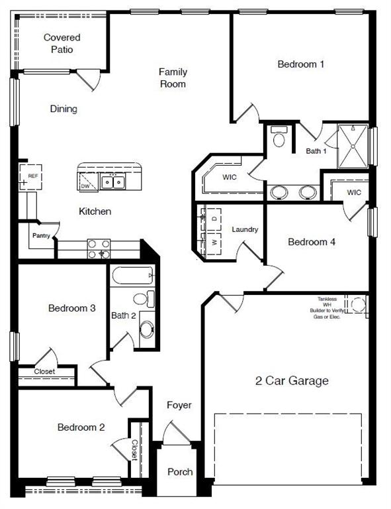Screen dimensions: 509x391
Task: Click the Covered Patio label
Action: pyautogui.click(x=62, y=44)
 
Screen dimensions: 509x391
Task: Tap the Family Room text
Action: pyautogui.click(x=173, y=78)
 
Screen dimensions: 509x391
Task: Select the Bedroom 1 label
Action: pyautogui.click(x=301, y=64)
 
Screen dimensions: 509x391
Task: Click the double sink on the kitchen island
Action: pyautogui.click(x=112, y=181)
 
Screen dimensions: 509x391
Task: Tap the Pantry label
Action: pyautogui.click(x=42, y=235)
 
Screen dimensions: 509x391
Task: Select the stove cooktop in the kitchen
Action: pyautogui.click(x=99, y=249)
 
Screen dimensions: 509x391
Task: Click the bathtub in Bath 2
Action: pyautogui.click(x=133, y=276)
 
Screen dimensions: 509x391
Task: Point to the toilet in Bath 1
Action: pyautogui.click(x=279, y=139)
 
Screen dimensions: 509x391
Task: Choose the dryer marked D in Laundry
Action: pyautogui.click(x=214, y=218)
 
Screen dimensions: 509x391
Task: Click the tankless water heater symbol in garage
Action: pyautogui.click(x=358, y=305)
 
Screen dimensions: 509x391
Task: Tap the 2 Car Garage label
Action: pyautogui.click(x=292, y=380)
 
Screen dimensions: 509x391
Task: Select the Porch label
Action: pyautogui.click(x=180, y=472)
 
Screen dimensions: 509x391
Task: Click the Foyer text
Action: pyautogui.click(x=179, y=405)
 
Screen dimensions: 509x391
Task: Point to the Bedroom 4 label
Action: pyautogui.click(x=312, y=242)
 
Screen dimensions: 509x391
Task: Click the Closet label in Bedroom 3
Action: pyautogui.click(x=44, y=372)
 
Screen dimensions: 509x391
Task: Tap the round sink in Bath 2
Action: pyautogui.click(x=146, y=329)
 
